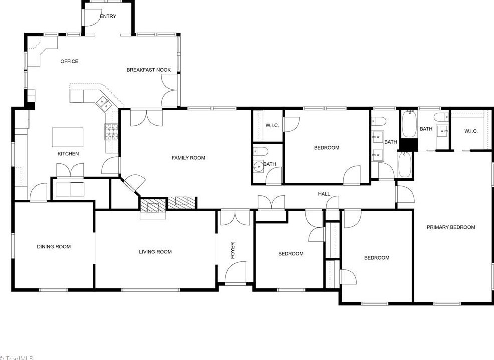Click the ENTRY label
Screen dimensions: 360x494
coord(108,16)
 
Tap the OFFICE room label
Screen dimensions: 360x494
coord(69,61)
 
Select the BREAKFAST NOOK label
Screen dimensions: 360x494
coord(148,70)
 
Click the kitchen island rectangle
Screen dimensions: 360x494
coord(68,137)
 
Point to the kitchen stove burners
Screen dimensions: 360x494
coord(111,131)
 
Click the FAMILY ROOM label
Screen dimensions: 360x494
coord(188,158)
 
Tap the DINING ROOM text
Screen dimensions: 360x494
coord(54,246)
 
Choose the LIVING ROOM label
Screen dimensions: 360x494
coord(155,252)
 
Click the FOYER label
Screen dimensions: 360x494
coord(232,250)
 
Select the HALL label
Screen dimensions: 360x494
coord(324,194)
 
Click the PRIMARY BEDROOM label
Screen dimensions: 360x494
coord(451,227)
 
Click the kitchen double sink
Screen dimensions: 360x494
coord(104,103)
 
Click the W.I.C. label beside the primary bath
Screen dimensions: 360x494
coord(471,131)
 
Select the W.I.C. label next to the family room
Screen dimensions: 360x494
coord(272,125)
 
